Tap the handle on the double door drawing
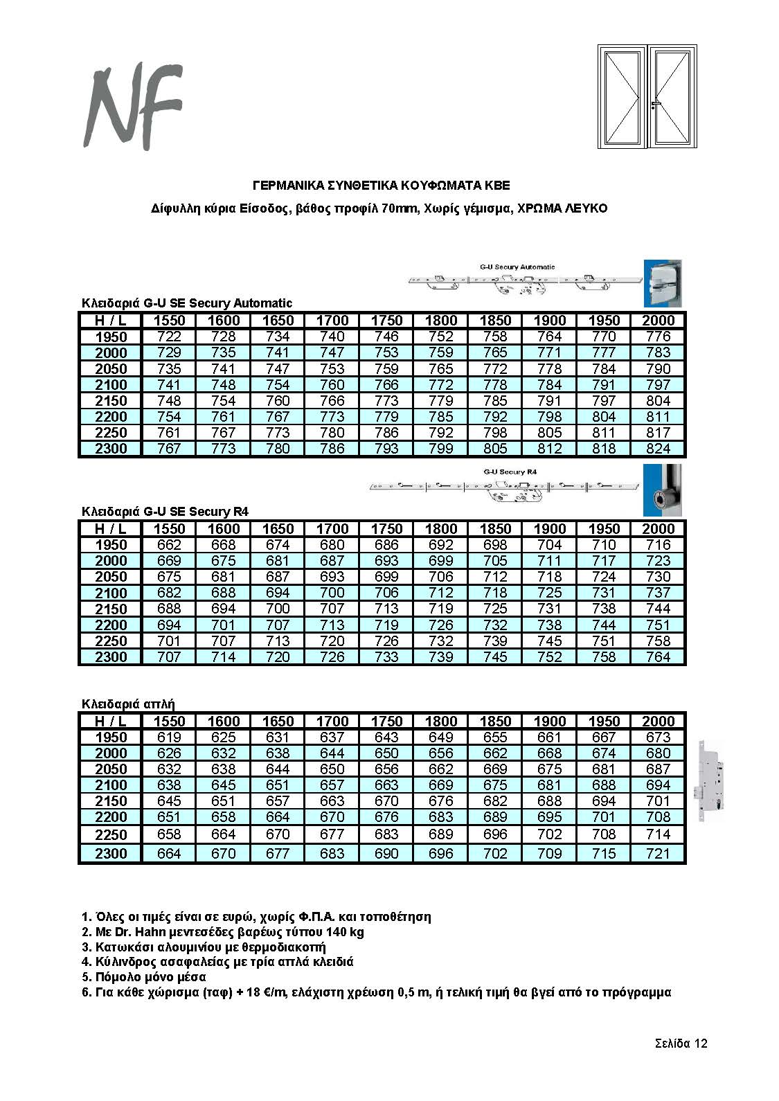[x=655, y=104]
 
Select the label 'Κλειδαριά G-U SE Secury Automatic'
[x=187, y=303]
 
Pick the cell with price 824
[x=657, y=449]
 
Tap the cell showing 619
[x=169, y=737]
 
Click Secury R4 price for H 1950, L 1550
[x=169, y=545]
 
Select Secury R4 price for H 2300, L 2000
[x=657, y=656]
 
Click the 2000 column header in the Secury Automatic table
[x=657, y=321]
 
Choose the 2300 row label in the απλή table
[x=111, y=854]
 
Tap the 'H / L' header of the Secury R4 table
[x=111, y=529]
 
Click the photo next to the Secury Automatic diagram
[x=663, y=283]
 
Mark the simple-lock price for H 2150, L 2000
[x=657, y=801]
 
